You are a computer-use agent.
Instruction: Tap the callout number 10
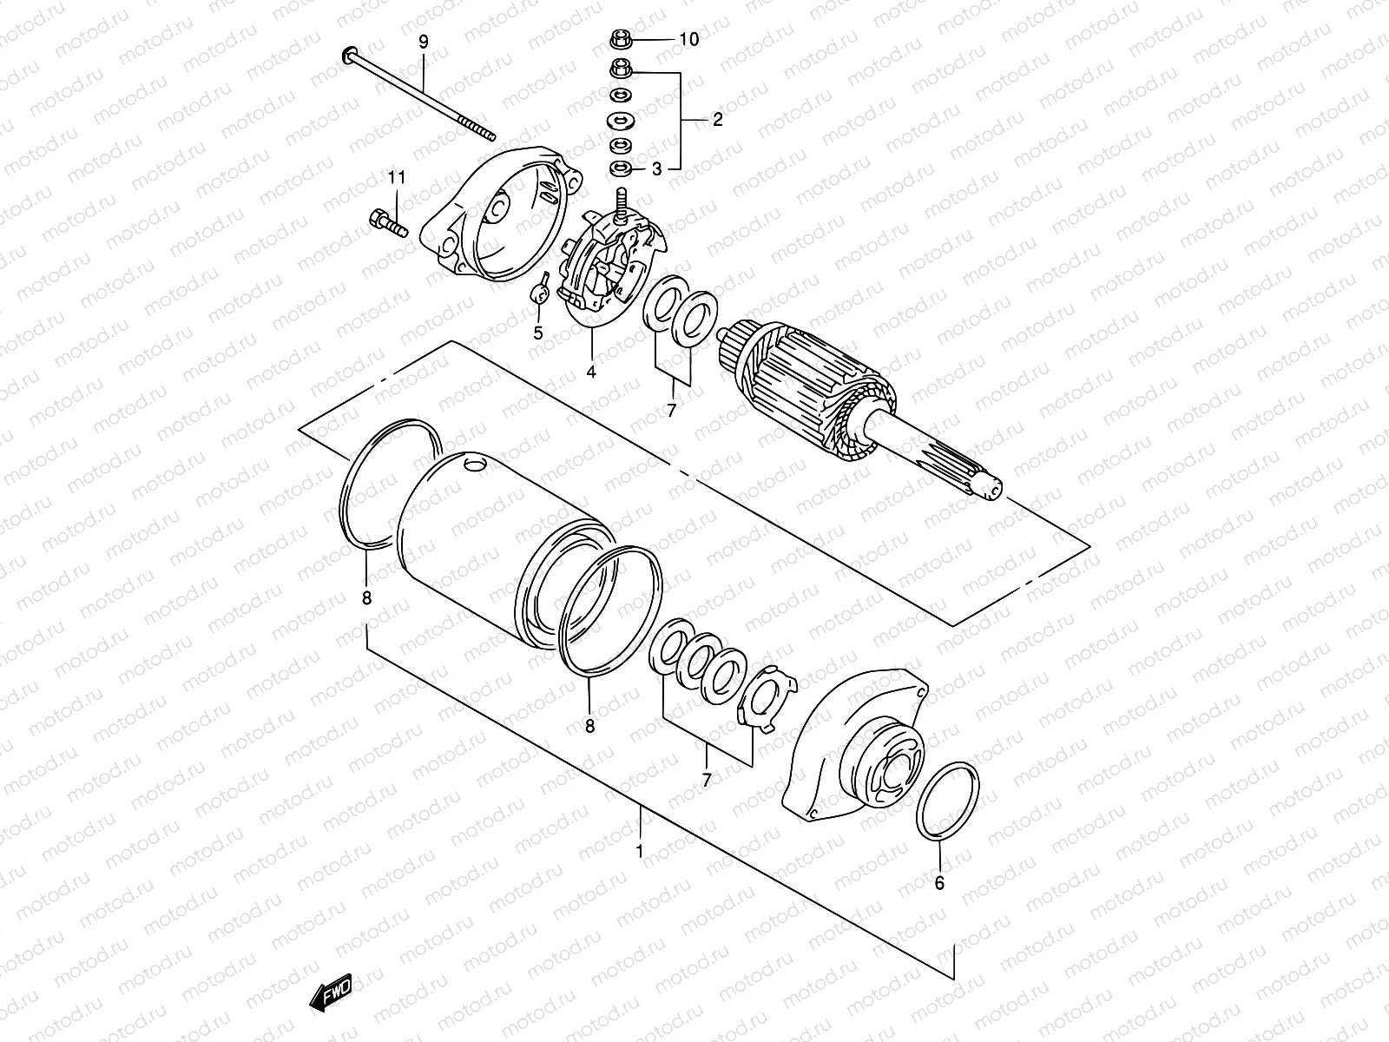click(688, 39)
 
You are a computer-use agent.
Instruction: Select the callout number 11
click(397, 178)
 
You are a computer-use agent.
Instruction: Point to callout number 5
click(538, 333)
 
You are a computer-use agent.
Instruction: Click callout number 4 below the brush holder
click(591, 372)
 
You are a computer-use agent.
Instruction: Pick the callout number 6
click(939, 883)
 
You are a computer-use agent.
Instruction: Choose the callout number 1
click(640, 852)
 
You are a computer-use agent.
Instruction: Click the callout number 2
click(717, 120)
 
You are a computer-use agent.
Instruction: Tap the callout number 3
click(656, 168)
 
